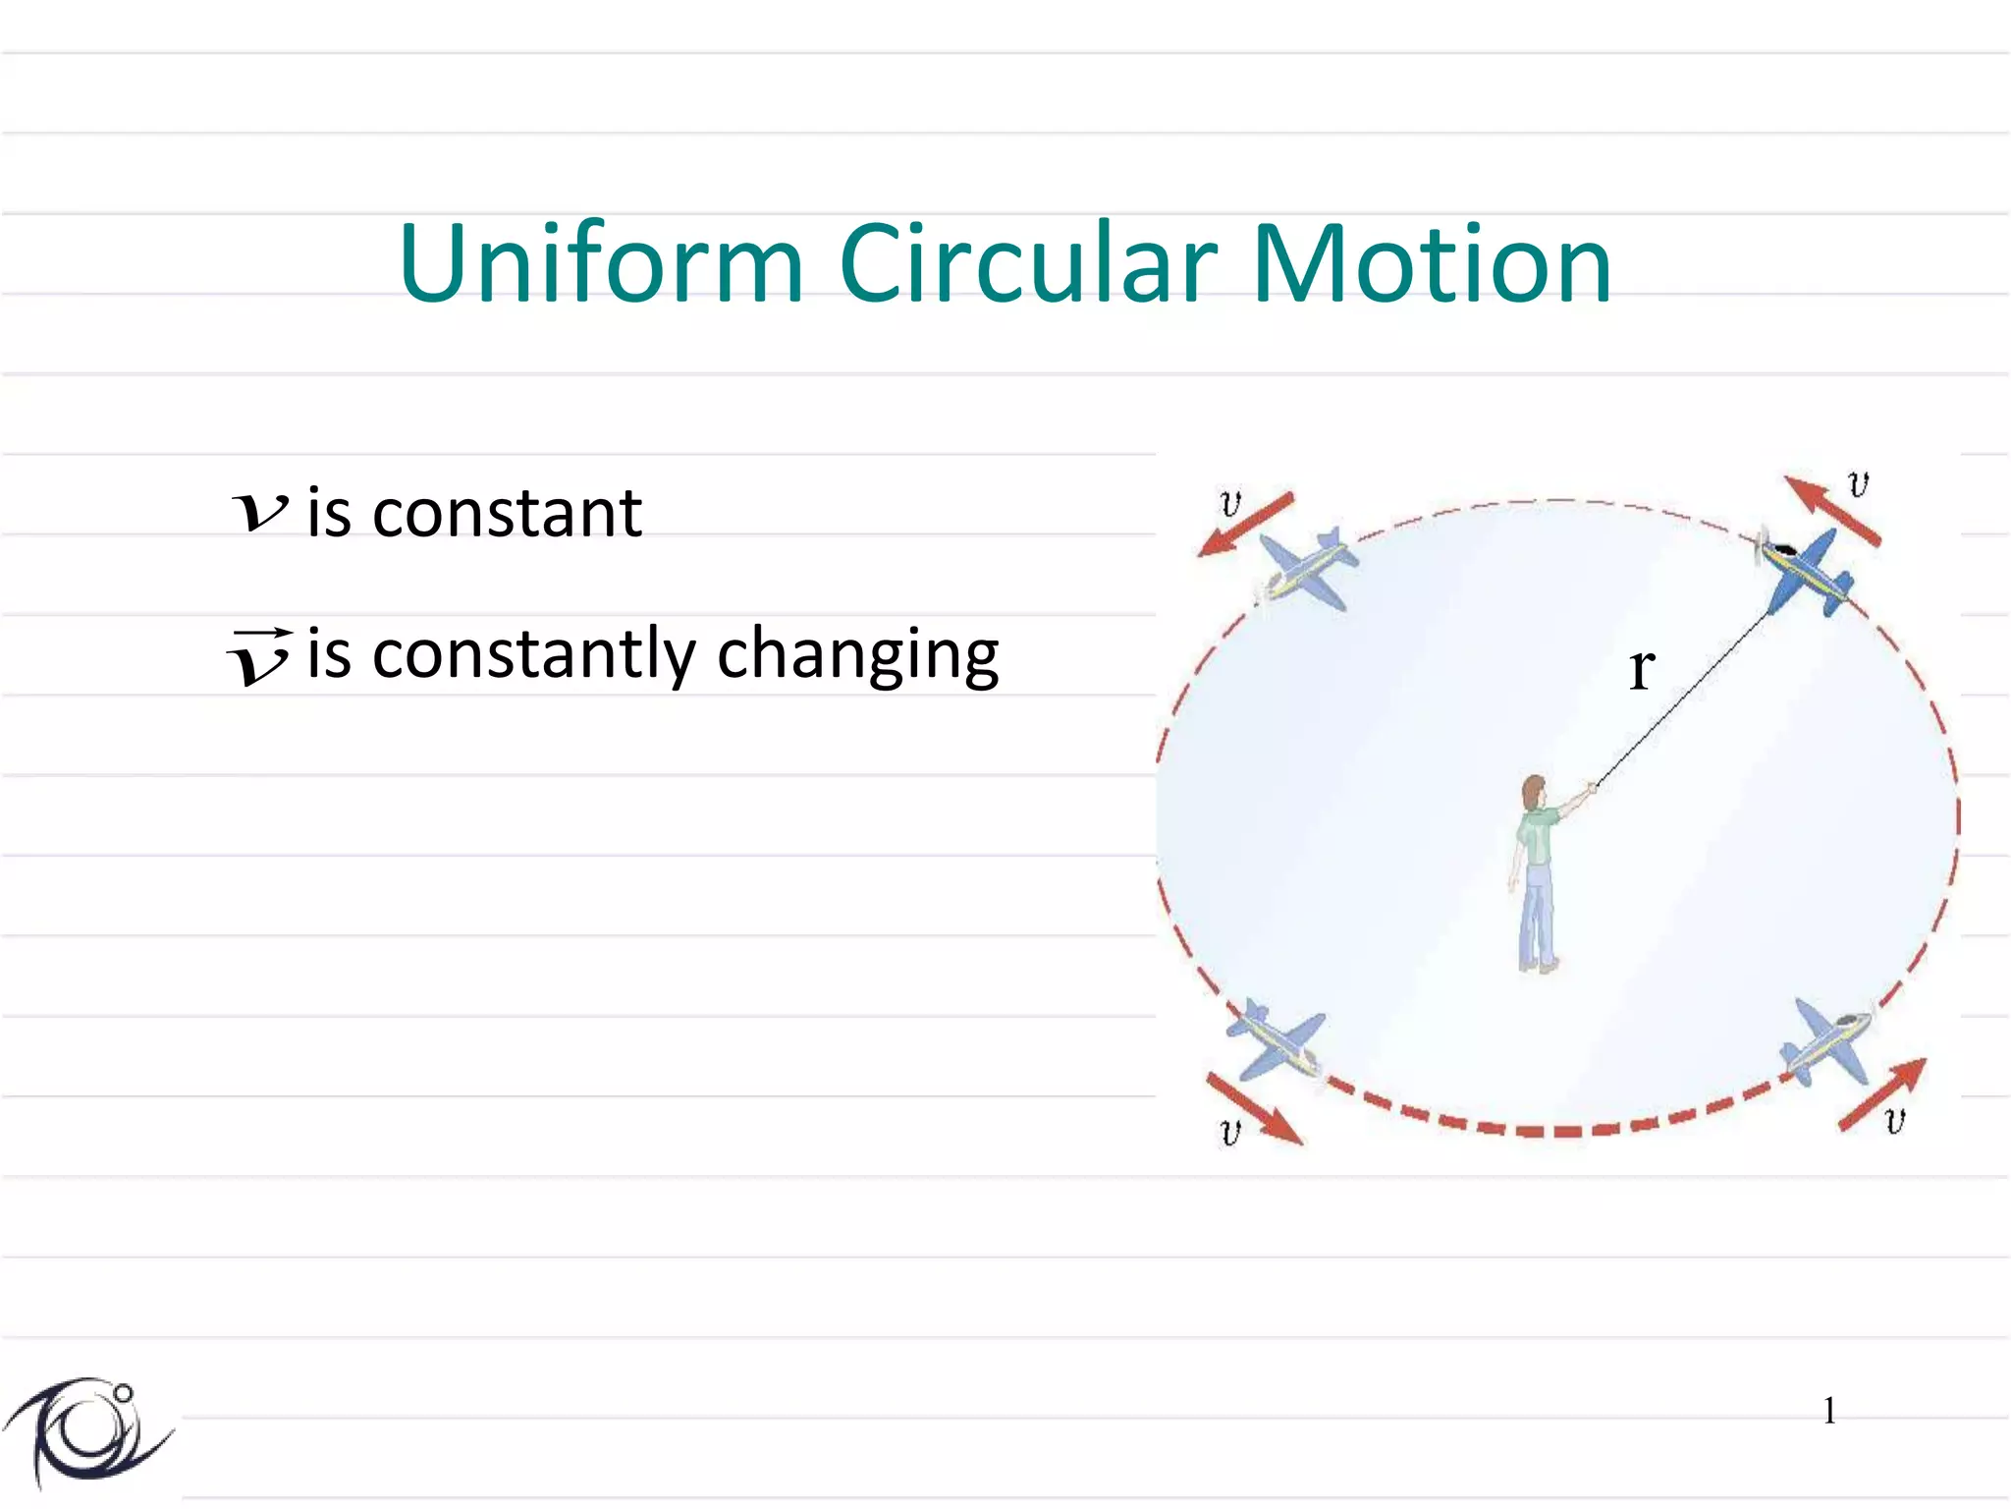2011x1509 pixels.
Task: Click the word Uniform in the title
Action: point(601,264)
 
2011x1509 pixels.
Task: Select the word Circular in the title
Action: point(1028,264)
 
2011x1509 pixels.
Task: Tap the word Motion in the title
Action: point(1432,264)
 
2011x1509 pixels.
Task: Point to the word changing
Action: point(857,656)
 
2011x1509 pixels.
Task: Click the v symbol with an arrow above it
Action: point(259,656)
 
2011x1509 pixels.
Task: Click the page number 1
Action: point(1829,1411)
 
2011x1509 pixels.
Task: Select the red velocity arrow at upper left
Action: point(1245,525)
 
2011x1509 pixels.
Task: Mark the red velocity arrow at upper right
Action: point(1831,511)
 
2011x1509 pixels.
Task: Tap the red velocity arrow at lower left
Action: point(1254,1109)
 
